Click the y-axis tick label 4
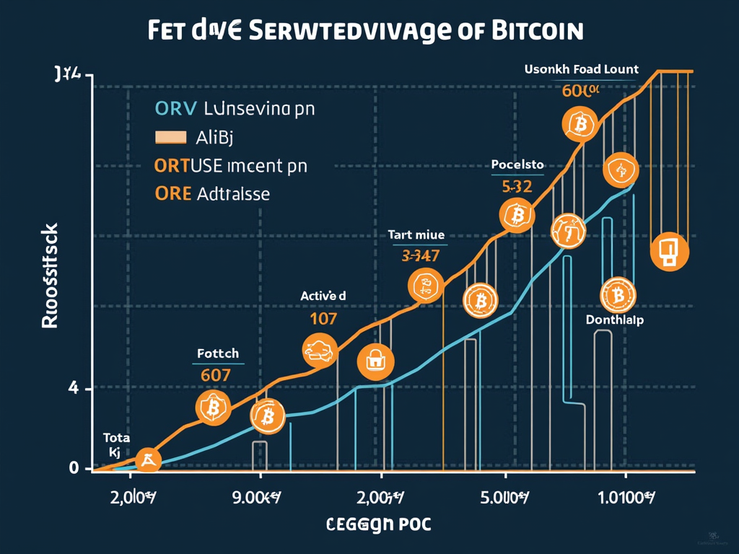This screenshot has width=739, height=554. point(72,389)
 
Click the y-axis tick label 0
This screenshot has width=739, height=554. point(73,467)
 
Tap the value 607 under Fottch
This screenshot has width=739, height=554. point(215,374)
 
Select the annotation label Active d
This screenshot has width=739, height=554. point(323,295)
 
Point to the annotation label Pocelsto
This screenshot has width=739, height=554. point(517,164)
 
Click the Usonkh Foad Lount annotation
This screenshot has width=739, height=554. point(582,69)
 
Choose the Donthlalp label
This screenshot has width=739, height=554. point(614,320)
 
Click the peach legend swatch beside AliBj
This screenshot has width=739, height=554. point(170,136)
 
